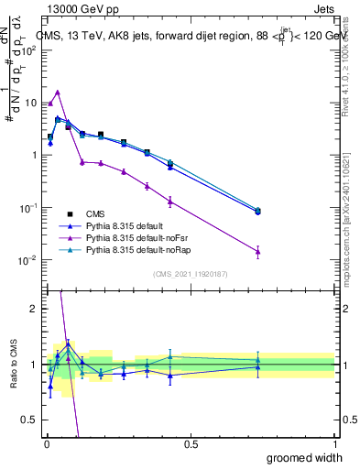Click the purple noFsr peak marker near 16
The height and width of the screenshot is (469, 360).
(58, 92)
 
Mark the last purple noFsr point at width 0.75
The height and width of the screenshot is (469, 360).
(257, 251)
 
